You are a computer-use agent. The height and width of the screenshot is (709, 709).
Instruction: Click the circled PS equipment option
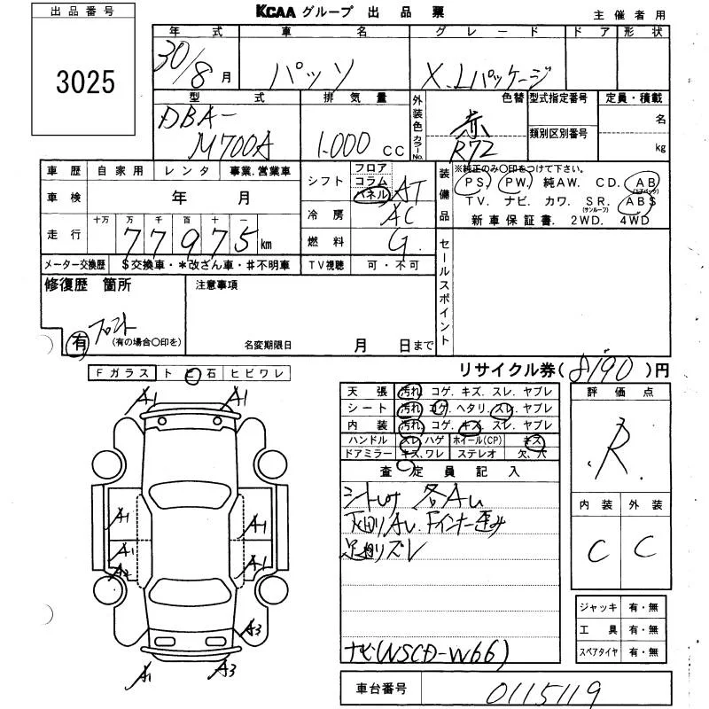(477, 183)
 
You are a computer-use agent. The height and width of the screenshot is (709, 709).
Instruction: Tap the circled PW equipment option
(514, 183)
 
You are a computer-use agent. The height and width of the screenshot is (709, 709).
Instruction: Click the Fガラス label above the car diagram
(121, 374)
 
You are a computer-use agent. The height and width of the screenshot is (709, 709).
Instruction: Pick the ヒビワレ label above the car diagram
(255, 374)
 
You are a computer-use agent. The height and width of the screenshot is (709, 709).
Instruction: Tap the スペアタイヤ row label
(599, 653)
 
